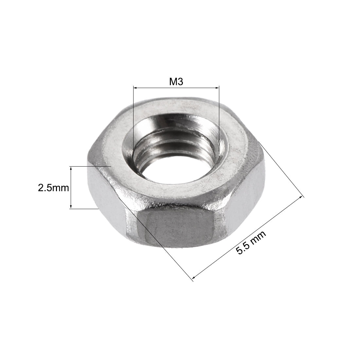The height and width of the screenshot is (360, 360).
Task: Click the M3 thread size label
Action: click(x=176, y=82)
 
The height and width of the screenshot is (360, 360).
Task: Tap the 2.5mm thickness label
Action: click(x=53, y=188)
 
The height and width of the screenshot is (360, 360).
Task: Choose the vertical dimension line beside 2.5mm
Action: click(x=71, y=187)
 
